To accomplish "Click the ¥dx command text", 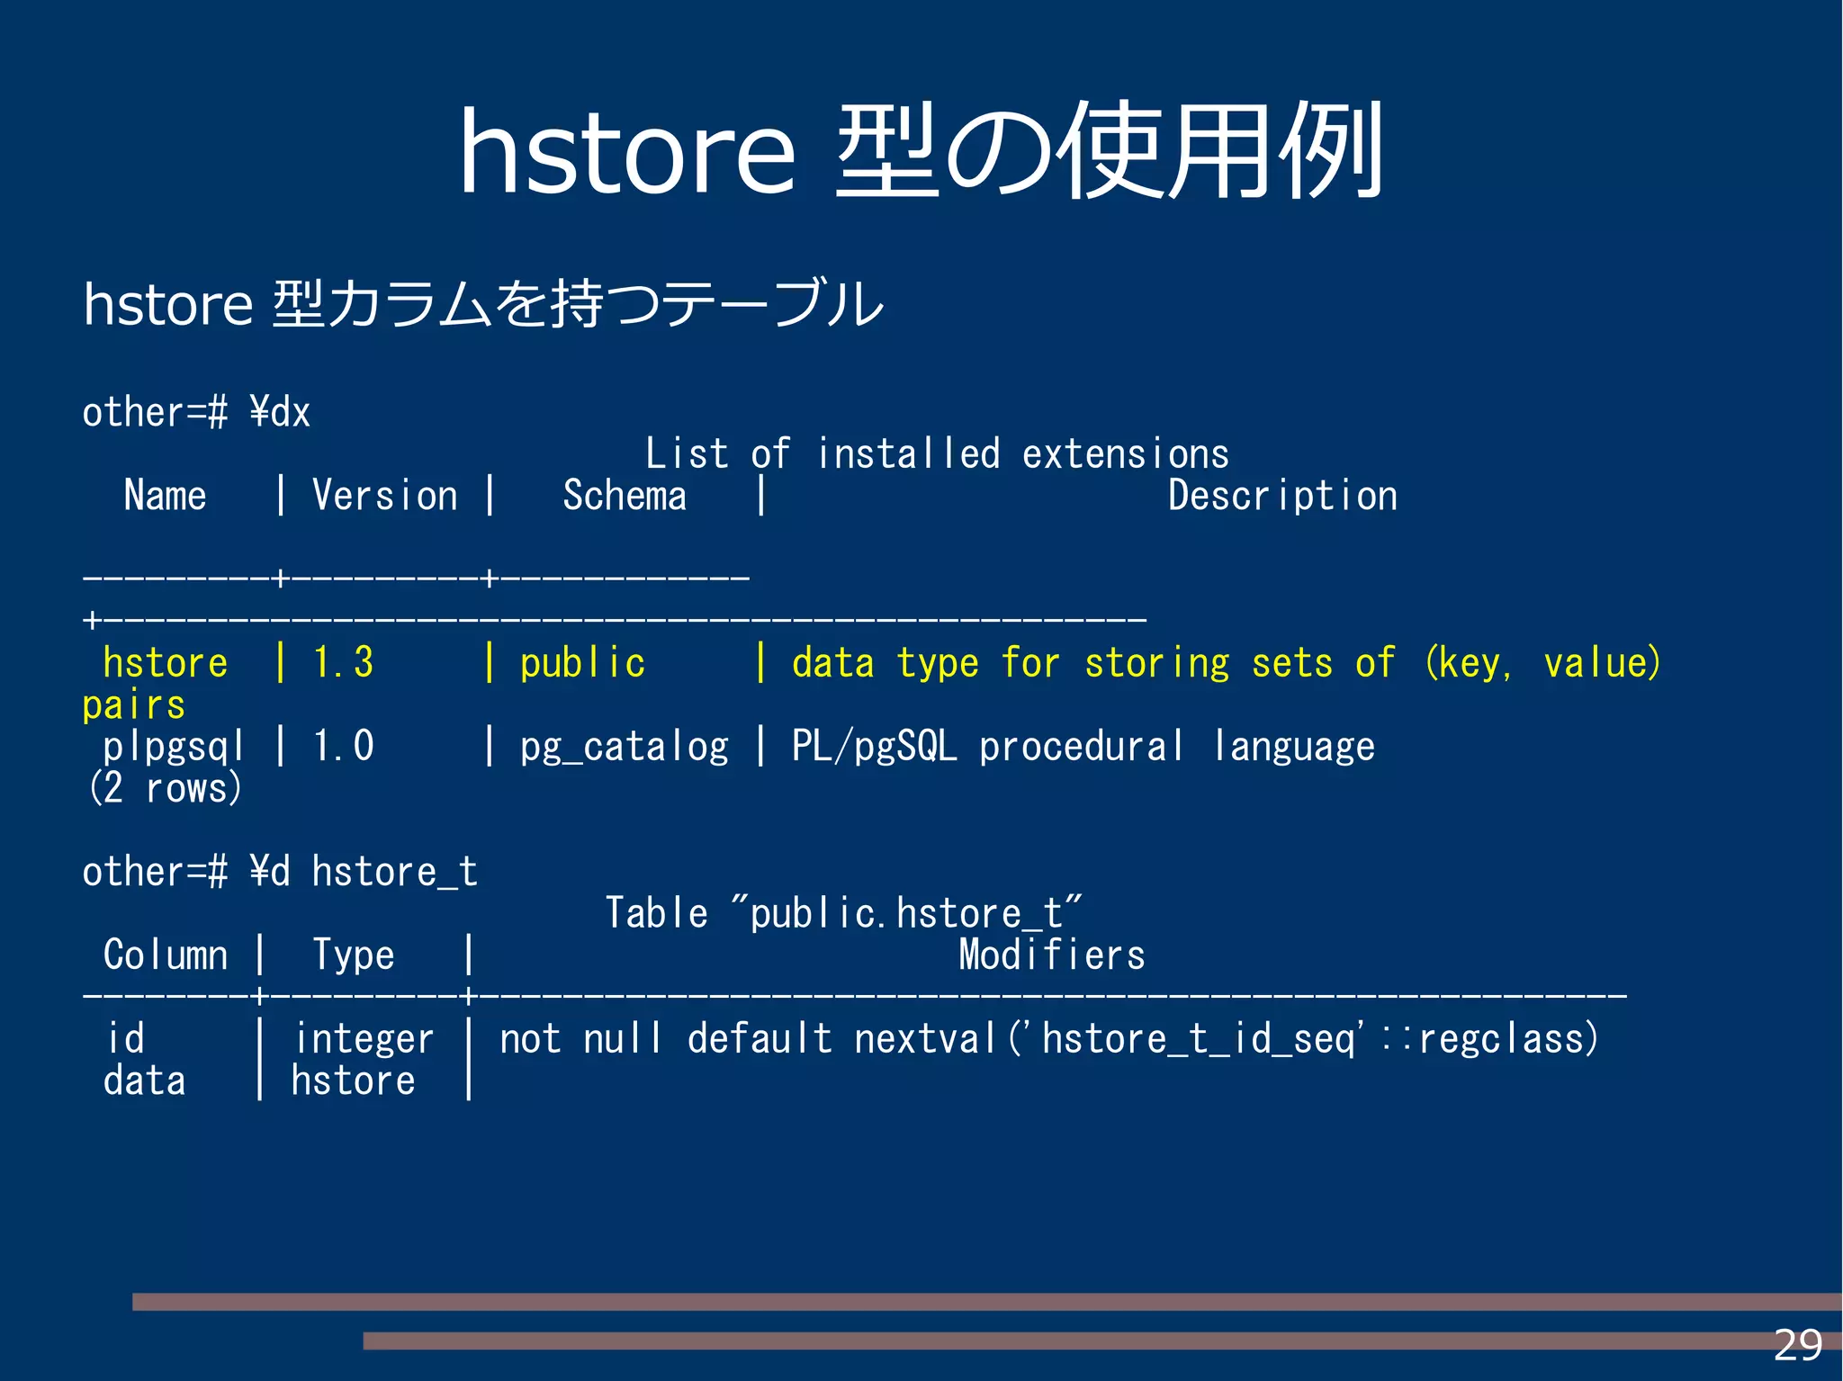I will tap(280, 413).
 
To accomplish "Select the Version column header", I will tap(384, 496).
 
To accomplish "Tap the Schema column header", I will tap(625, 496).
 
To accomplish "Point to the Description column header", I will tap(1282, 496).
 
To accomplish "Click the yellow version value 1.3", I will tap(343, 663).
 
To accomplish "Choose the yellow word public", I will tap(582, 664).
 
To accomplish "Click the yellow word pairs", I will tap(133, 705).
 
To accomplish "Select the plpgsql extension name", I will tap(173, 747).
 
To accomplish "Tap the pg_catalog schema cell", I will tap(624, 747).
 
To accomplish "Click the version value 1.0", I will tap(343, 747).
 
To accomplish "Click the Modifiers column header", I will tap(1051, 955).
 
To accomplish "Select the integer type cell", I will tap(364, 1039).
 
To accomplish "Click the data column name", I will tap(144, 1081).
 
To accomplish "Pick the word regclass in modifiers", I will tap(1507, 1039).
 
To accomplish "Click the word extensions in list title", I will tap(1125, 454).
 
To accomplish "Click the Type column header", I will tap(353, 955).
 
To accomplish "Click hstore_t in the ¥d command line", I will tap(394, 872).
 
